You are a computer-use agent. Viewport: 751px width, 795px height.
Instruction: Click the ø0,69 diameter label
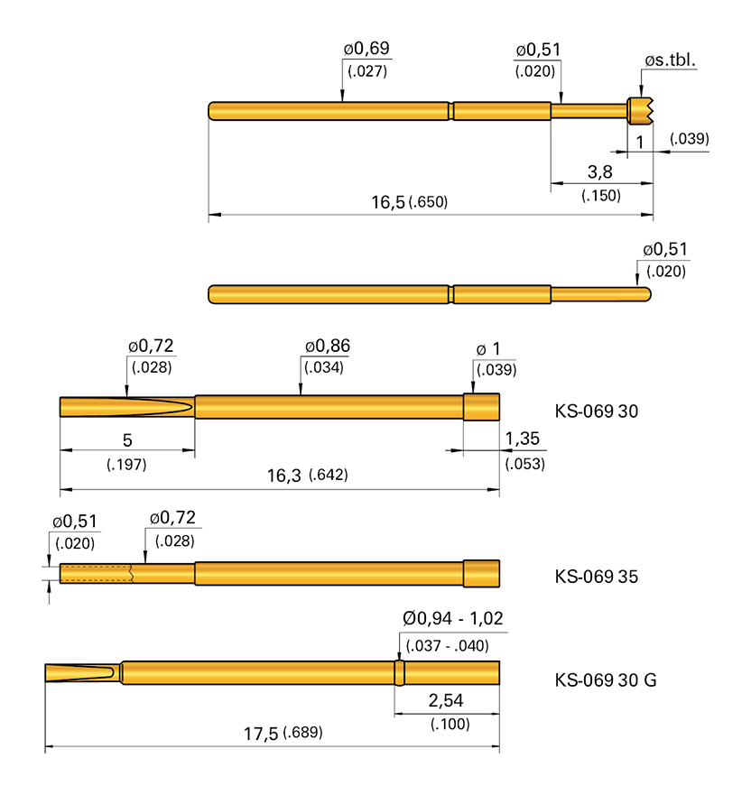366,48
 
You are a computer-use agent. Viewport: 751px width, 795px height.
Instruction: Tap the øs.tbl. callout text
670,60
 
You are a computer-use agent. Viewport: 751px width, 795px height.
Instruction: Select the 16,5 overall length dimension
388,202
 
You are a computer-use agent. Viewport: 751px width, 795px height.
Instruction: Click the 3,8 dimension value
600,171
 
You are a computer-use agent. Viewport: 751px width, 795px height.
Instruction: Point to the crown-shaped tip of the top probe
641,111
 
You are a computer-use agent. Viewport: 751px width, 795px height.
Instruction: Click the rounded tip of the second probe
645,294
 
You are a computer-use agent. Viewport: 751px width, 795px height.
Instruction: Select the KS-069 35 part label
597,577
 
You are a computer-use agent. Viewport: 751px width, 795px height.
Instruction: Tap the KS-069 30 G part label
606,679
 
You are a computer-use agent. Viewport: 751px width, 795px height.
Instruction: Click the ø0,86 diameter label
328,346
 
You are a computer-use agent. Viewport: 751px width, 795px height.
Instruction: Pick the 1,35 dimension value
523,439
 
